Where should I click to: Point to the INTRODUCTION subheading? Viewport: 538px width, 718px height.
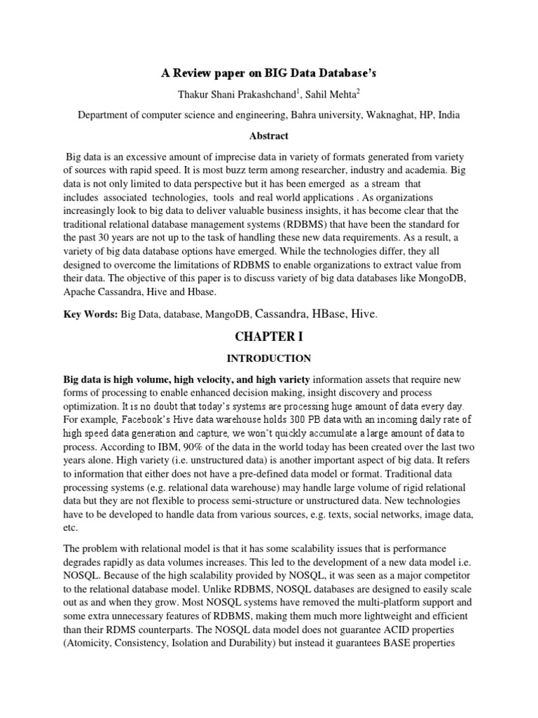268,358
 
